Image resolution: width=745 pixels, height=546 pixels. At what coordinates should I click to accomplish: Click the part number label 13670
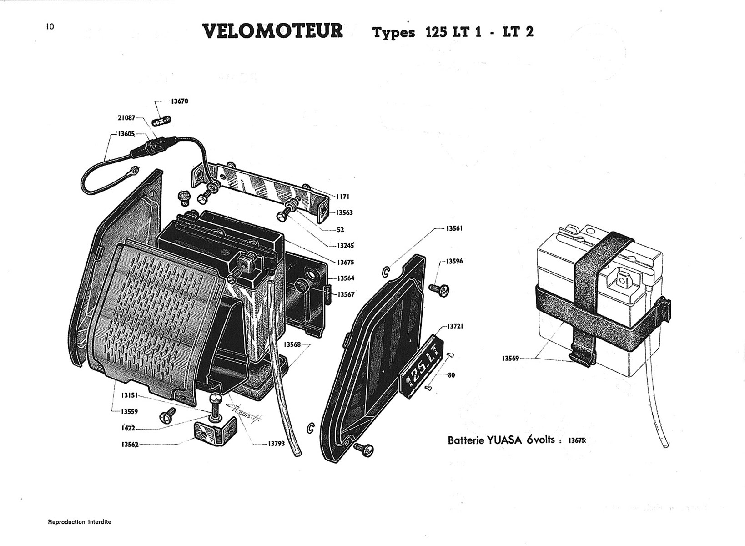pyautogui.click(x=179, y=101)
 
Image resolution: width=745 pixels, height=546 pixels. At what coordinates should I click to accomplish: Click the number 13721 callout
pyautogui.click(x=455, y=326)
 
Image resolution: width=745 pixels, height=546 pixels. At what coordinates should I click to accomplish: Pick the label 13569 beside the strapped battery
pyautogui.click(x=511, y=358)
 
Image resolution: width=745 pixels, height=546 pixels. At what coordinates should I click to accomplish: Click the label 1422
pyautogui.click(x=128, y=428)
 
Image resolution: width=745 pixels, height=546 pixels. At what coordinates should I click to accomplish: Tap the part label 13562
pyautogui.click(x=129, y=445)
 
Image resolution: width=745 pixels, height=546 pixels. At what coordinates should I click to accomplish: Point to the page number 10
pyautogui.click(x=50, y=26)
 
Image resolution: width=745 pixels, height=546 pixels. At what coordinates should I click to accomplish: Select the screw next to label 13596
pyautogui.click(x=439, y=288)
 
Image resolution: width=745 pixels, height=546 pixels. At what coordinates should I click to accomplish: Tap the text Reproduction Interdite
pyautogui.click(x=80, y=522)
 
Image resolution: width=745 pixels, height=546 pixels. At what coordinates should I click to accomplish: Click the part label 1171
pyautogui.click(x=342, y=197)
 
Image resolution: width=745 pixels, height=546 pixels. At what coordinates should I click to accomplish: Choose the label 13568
pyautogui.click(x=292, y=344)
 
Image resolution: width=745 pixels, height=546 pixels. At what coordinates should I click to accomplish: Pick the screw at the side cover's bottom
pyautogui.click(x=364, y=450)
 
